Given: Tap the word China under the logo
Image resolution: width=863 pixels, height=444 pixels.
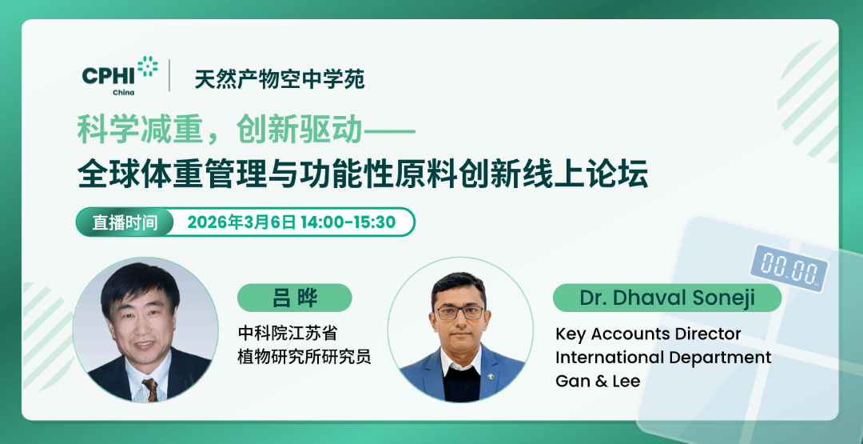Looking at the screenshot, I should [124, 92].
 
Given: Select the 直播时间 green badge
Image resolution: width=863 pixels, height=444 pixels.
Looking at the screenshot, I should [125, 222].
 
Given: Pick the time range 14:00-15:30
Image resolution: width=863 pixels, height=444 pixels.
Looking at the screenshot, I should [348, 222].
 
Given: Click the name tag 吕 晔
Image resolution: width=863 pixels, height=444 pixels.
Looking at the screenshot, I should [294, 298].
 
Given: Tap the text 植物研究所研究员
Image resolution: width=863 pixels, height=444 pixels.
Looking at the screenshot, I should [304, 356].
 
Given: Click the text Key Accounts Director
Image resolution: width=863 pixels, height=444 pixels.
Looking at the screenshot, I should [648, 334].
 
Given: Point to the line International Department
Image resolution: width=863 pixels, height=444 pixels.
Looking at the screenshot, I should [663, 357].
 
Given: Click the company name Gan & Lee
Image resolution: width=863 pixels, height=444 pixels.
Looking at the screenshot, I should [598, 381].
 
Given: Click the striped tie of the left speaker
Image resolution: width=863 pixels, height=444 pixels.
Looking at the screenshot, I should [149, 390].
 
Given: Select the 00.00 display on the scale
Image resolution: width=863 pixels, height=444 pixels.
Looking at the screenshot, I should [788, 265].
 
